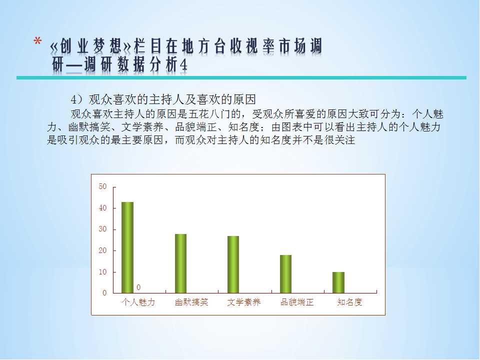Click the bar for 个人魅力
pyautogui.click(x=127, y=247)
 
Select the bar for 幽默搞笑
pyautogui.click(x=180, y=263)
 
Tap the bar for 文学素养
pyautogui.click(x=233, y=264)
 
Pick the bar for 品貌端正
pyautogui.click(x=285, y=274)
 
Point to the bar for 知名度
pyautogui.click(x=338, y=282)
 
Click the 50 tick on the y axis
pyautogui.click(x=102, y=186)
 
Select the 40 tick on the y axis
pyautogui.click(x=102, y=208)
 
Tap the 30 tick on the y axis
pyautogui.click(x=102, y=229)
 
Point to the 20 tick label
pyautogui.click(x=102, y=250)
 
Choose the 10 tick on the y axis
pyautogui.click(x=102, y=272)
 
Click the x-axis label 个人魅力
pyautogui.click(x=138, y=302)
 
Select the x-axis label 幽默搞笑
pyautogui.click(x=191, y=302)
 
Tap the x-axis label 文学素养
pyautogui.click(x=244, y=302)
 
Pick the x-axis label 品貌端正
pyautogui.click(x=297, y=302)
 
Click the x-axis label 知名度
pyautogui.click(x=349, y=302)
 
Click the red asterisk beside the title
pyautogui.click(x=37, y=40)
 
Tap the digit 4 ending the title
pyautogui.click(x=183, y=64)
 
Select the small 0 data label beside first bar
pyautogui.click(x=138, y=287)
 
